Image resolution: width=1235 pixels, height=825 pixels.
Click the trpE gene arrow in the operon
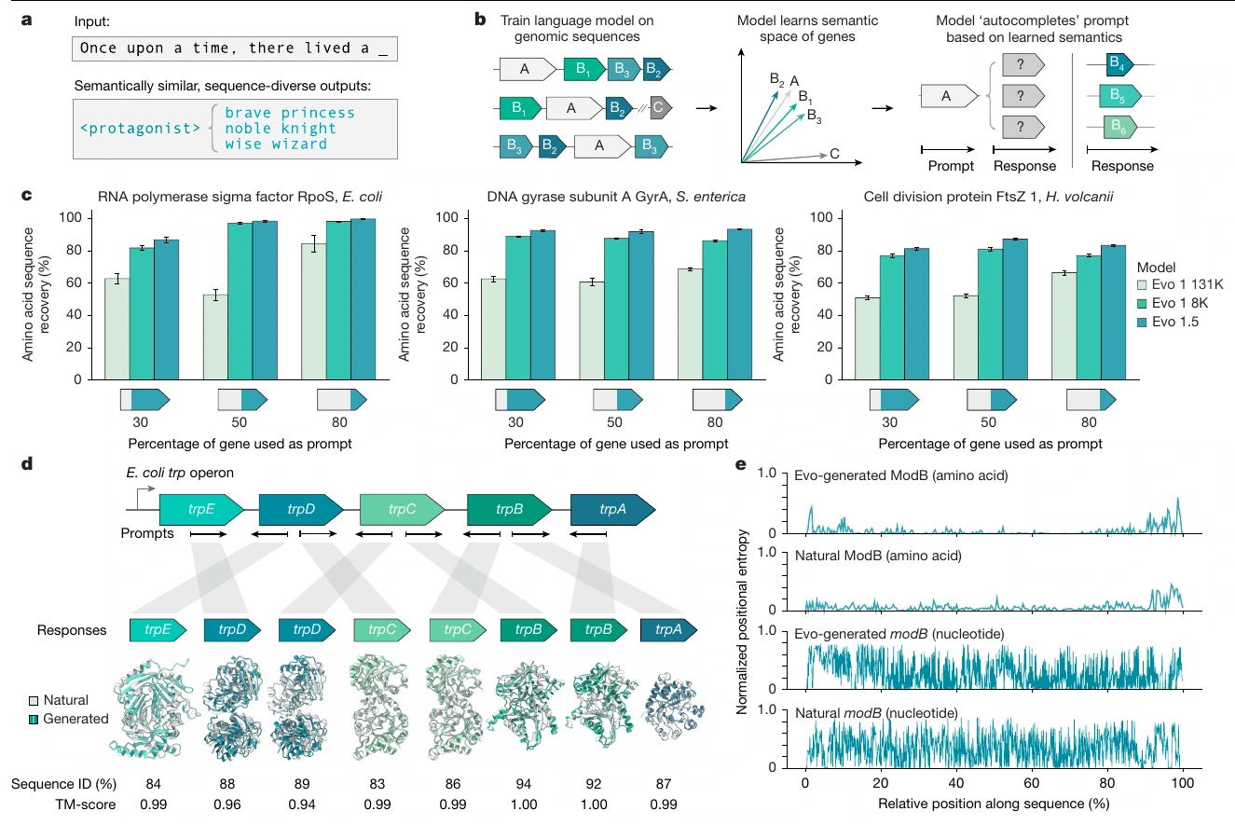(201, 509)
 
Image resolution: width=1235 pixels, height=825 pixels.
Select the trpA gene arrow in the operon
(612, 509)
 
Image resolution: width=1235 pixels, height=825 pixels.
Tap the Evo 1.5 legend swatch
(1142, 322)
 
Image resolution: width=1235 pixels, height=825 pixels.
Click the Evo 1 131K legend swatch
(1142, 284)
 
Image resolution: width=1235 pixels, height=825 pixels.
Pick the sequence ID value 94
(523, 784)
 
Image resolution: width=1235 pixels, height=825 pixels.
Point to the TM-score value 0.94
(302, 804)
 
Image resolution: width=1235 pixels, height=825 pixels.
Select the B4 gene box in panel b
(1119, 65)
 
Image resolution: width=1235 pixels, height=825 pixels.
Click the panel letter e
(741, 464)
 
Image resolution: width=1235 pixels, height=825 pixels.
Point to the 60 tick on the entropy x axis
(1031, 783)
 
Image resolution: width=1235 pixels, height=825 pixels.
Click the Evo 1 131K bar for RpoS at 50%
(215, 337)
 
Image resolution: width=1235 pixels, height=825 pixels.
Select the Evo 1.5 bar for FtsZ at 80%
(1113, 312)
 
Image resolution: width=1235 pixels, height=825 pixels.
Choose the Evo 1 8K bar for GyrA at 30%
(517, 308)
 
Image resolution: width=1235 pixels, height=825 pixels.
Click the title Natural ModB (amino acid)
(878, 556)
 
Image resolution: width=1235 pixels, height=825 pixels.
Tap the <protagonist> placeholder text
(140, 129)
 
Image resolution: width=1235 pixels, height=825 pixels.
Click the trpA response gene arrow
(669, 630)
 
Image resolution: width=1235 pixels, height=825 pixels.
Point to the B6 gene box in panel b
(1120, 128)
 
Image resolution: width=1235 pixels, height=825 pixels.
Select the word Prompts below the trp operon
(147, 533)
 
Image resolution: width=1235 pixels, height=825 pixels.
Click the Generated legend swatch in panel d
(34, 719)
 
